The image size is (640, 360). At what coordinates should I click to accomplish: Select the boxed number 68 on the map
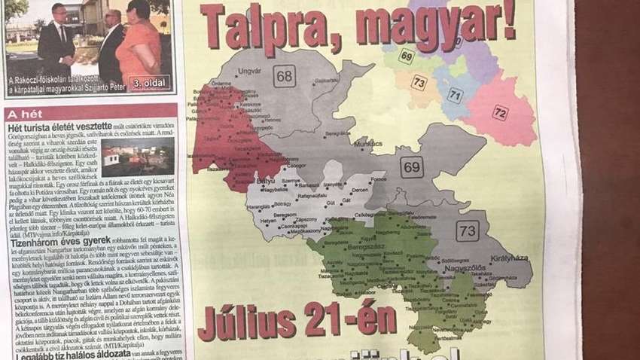(x=284, y=75)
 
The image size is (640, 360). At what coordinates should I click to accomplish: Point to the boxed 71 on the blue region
(x=455, y=95)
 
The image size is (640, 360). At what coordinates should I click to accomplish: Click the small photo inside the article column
(x=137, y=157)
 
